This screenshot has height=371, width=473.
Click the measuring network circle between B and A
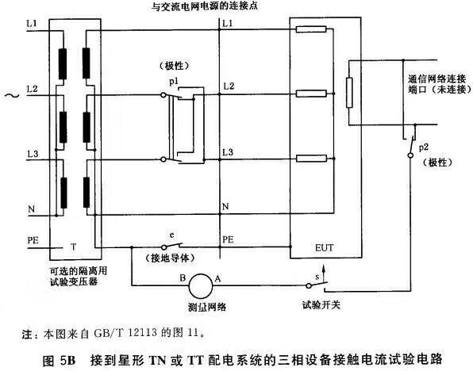[201, 286]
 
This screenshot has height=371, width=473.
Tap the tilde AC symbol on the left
[12, 96]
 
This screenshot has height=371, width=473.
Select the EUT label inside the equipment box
[325, 248]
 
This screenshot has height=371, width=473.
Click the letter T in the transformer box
[73, 247]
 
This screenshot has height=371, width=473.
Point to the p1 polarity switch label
[174, 82]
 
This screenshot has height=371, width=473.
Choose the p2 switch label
[424, 147]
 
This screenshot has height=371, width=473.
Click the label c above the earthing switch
[172, 235]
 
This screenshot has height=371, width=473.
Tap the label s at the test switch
[317, 277]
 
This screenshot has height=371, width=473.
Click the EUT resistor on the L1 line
[311, 29]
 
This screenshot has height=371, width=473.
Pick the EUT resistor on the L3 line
[311, 159]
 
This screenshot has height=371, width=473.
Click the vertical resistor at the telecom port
[349, 93]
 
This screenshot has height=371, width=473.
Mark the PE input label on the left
[33, 240]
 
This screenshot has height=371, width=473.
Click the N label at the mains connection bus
[225, 207]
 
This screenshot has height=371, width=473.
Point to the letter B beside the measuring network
[183, 277]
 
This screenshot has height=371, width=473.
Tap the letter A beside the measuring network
[217, 278]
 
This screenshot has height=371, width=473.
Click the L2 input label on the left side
[33, 90]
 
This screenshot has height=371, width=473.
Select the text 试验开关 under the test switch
[321, 305]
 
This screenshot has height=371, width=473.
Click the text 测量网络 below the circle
[207, 307]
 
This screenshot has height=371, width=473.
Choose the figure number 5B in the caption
[67, 360]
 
